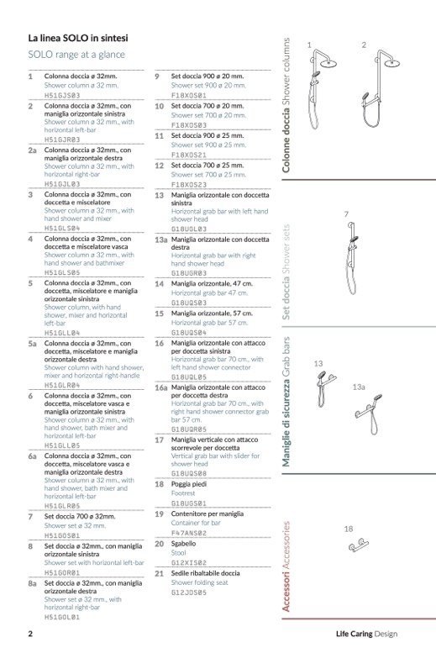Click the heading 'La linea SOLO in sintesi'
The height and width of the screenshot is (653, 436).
78,39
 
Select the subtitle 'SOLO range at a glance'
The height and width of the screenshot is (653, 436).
76,55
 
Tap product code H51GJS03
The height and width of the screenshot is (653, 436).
62,95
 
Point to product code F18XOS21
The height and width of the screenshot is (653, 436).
189,155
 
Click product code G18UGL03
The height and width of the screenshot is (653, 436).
189,229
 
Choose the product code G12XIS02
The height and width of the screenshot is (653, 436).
189,562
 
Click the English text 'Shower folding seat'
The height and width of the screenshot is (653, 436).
199,582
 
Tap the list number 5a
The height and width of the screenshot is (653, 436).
32,344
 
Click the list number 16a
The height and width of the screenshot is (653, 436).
160,387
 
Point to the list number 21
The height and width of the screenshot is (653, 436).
159,574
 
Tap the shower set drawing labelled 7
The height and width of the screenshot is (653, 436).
352,258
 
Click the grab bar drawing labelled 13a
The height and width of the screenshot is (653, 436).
369,413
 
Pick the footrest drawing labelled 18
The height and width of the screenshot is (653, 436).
359,545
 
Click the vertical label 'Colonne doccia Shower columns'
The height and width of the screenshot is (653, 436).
286,105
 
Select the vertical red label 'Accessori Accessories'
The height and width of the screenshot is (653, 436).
286,566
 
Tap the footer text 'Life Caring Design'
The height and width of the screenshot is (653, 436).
366,634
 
